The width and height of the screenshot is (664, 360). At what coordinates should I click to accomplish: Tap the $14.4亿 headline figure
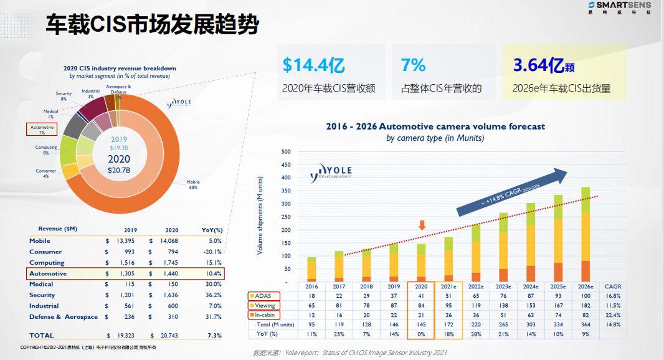point(313,65)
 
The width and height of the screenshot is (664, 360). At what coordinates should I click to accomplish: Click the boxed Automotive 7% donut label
point(42,129)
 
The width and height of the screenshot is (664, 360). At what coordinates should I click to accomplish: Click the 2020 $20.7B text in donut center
point(119,163)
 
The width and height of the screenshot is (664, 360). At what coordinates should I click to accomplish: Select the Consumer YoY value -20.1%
point(211,252)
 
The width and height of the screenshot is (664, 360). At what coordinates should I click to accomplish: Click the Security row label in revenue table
point(42,295)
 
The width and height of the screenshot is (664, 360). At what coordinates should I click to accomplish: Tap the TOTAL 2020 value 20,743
point(166,336)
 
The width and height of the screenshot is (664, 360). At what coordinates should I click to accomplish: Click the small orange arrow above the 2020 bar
point(422,225)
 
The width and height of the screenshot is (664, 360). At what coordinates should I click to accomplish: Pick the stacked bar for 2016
point(311,269)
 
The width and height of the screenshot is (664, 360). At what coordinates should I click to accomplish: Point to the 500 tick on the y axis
point(286,151)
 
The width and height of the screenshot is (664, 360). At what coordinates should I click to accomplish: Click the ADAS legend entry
point(263,296)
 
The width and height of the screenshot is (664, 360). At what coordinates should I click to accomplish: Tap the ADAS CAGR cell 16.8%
point(614,296)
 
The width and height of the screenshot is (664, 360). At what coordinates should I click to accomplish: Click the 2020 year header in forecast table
point(421,286)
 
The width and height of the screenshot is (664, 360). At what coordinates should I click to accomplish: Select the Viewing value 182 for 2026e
point(586,305)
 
